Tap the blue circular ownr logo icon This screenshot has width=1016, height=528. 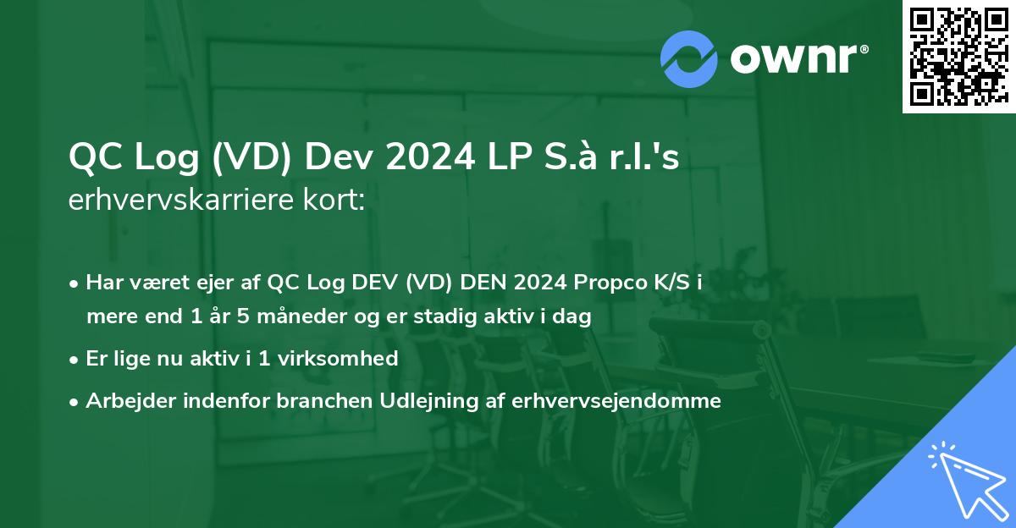pos(689,58)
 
